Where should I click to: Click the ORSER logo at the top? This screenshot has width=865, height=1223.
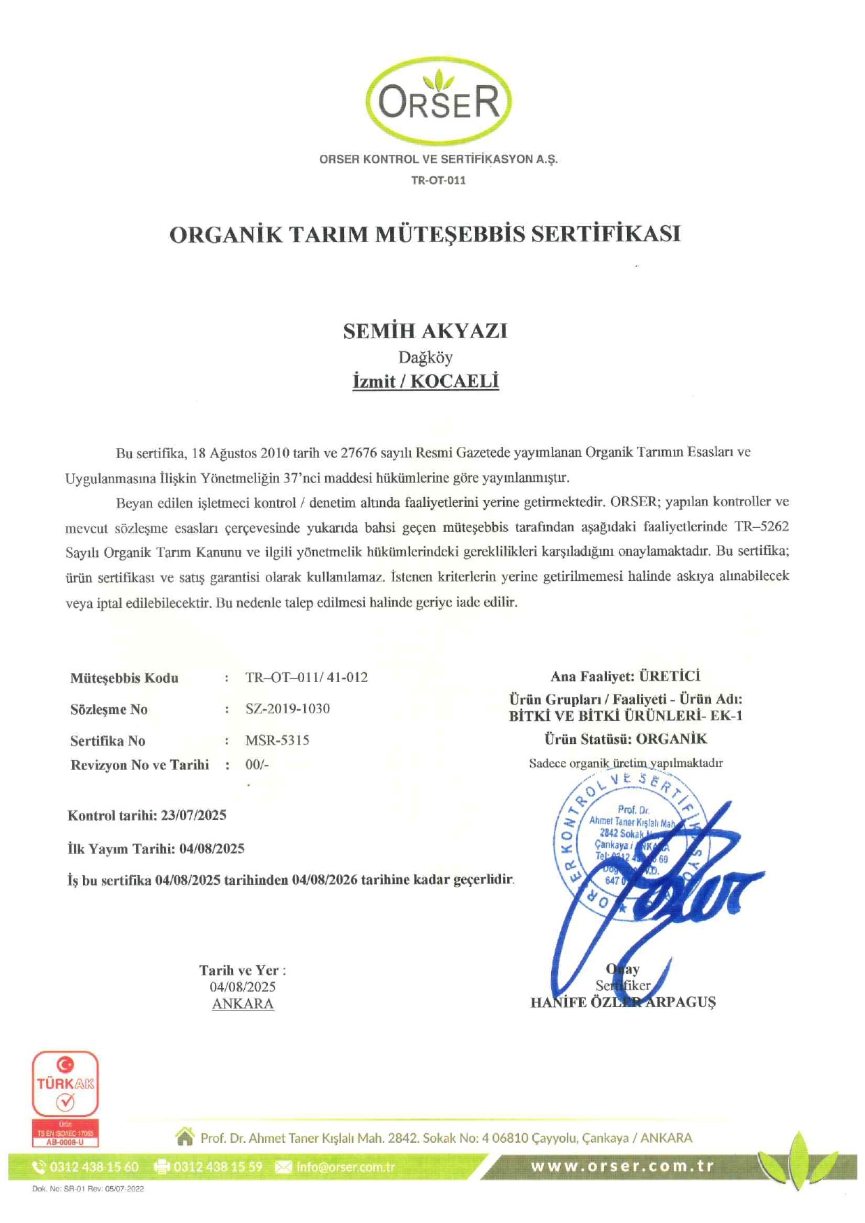[x=439, y=101]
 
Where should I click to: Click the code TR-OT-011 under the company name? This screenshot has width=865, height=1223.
[x=438, y=180]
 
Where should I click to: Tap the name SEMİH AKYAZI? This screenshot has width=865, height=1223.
[x=425, y=331]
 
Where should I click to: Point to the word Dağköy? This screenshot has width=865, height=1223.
[x=426, y=358]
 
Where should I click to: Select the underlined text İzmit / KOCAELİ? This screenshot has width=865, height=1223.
[x=426, y=381]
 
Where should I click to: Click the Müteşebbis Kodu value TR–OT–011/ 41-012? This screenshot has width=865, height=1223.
[x=306, y=677]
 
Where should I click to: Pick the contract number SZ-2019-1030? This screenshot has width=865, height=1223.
[x=287, y=708]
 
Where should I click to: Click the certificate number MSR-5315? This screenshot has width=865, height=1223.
[x=277, y=740]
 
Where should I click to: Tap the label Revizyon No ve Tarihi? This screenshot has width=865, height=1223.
[x=140, y=765]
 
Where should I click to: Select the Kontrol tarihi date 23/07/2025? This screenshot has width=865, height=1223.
[x=193, y=815]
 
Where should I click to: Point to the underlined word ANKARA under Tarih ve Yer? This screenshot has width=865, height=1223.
[x=243, y=1003]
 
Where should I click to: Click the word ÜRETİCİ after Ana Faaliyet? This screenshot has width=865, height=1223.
[x=670, y=676]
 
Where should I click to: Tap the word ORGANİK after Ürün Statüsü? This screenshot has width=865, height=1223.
[x=671, y=738]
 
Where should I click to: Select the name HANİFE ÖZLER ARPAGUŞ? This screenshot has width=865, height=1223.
[x=623, y=1002]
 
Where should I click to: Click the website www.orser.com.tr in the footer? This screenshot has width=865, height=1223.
[x=622, y=1167]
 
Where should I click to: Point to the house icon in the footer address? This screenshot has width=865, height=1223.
[x=185, y=1137]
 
